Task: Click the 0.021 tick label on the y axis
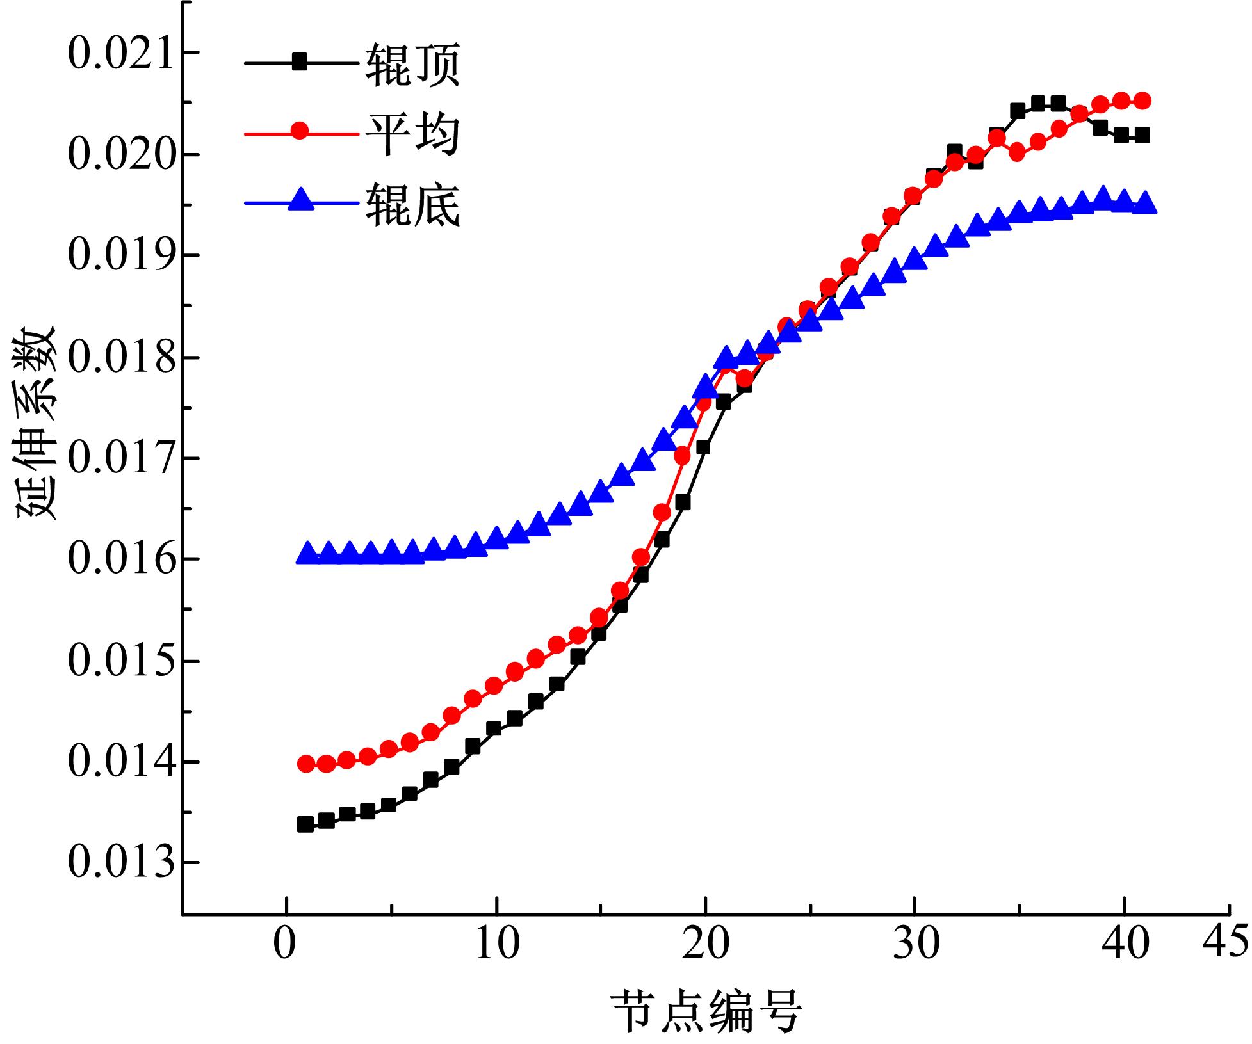tap(120, 54)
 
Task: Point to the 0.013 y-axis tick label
tap(120, 862)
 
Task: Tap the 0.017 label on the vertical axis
tap(120, 458)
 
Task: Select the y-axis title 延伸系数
tap(37, 424)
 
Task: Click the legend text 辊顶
tap(412, 63)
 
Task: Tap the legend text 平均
tap(412, 134)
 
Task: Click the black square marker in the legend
tap(299, 62)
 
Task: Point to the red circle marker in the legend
tap(299, 132)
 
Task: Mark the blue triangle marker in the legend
tap(299, 201)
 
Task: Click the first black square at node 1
tap(305, 824)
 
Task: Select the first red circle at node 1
tap(306, 764)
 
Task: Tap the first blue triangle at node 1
tap(306, 554)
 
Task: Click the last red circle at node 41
tap(1142, 100)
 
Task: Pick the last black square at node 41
tap(1142, 136)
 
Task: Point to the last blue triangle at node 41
tap(1142, 205)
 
